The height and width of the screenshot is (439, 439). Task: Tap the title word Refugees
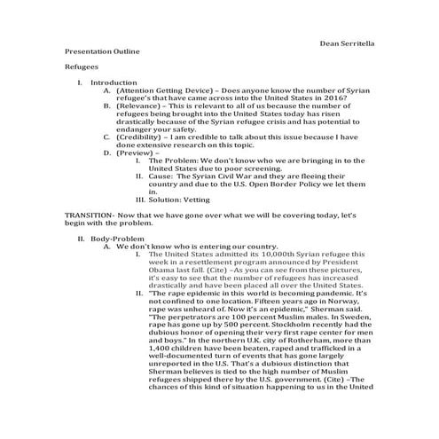click(81, 67)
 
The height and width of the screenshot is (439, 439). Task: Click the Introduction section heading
click(115, 82)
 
